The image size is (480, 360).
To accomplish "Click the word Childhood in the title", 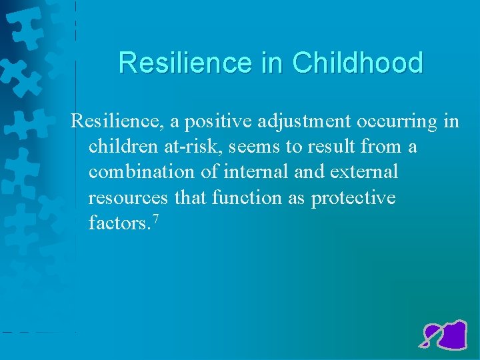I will pyautogui.click(x=357, y=63).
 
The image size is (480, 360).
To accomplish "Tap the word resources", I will pyautogui.click(x=129, y=198).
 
